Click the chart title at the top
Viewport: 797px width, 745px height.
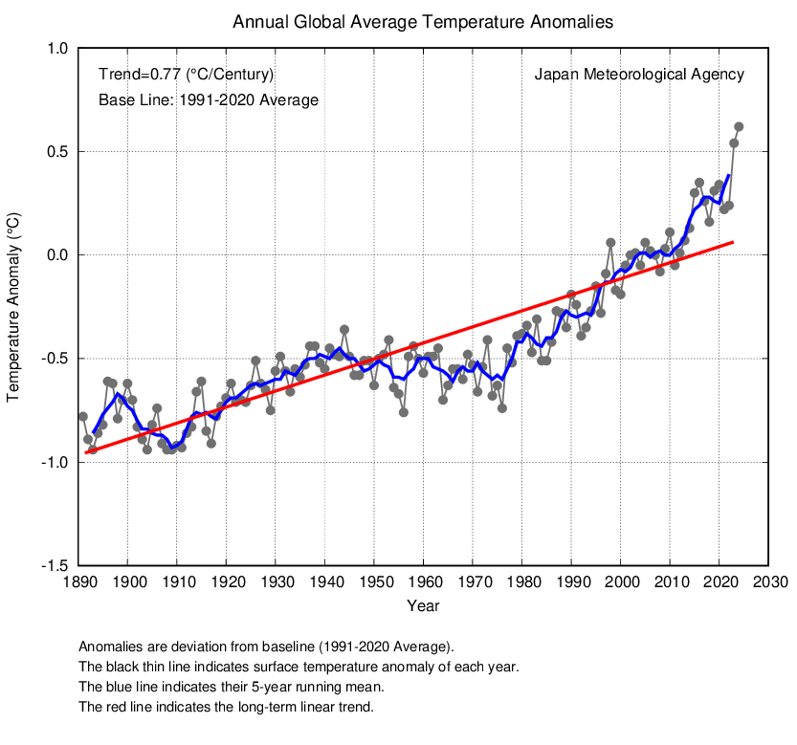pyautogui.click(x=423, y=21)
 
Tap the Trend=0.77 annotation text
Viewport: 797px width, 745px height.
pyautogui.click(x=187, y=75)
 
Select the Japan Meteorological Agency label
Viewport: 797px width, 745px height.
pyautogui.click(x=638, y=75)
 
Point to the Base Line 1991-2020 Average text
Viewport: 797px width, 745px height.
pyautogui.click(x=209, y=99)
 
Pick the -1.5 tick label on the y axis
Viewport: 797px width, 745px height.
pyautogui.click(x=54, y=566)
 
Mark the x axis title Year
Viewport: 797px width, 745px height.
pyautogui.click(x=423, y=606)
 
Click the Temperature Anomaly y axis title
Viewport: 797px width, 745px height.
pyautogui.click(x=15, y=307)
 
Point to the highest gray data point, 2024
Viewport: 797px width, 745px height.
pyautogui.click(x=739, y=126)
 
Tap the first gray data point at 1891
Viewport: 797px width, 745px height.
pyautogui.click(x=83, y=416)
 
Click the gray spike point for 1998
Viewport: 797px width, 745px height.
pyautogui.click(x=610, y=243)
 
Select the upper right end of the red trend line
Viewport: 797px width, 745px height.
pyautogui.click(x=733, y=242)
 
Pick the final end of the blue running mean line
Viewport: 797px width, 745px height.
pyautogui.click(x=729, y=175)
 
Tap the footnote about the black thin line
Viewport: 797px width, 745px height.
pyautogui.click(x=299, y=667)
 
